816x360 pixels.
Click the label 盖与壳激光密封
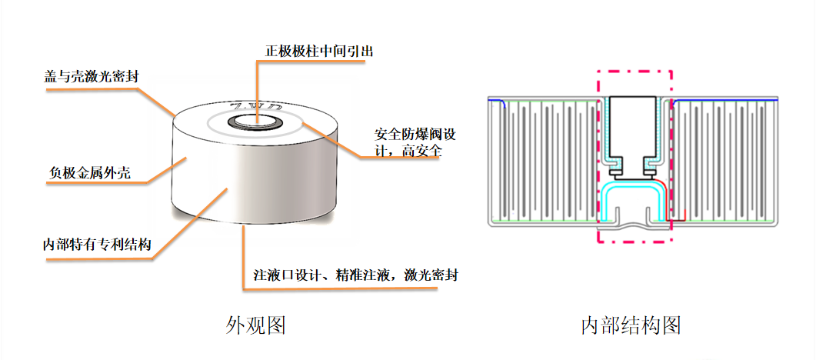pos(92,77)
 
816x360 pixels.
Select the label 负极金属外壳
pos(85,173)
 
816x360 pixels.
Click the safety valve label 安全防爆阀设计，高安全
pos(415,142)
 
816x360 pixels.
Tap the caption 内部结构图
pos(631,325)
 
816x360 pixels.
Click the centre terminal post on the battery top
pos(255,121)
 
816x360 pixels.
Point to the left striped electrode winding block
pos(542,162)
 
